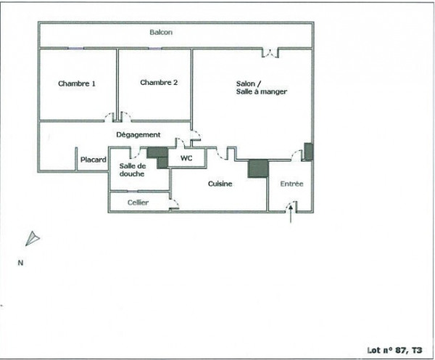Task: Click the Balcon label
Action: click(161, 32)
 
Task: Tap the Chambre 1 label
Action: click(77, 83)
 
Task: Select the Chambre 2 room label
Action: click(159, 83)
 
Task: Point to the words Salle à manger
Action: click(261, 91)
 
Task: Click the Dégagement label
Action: click(138, 135)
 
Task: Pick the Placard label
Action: click(94, 160)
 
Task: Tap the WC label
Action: click(186, 158)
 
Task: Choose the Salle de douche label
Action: click(133, 170)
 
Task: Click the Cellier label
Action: click(138, 202)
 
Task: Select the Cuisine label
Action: click(220, 184)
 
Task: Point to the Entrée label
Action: click(291, 184)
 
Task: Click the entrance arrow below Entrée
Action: click(291, 213)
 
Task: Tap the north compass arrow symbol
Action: click(33, 238)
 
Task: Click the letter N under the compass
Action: click(20, 263)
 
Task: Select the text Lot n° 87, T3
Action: click(394, 351)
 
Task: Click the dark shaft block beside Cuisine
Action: click(258, 168)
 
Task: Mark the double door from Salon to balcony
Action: click(270, 53)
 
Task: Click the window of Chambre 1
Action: click(75, 49)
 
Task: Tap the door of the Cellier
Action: click(174, 204)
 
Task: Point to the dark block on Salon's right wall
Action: click(309, 152)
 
